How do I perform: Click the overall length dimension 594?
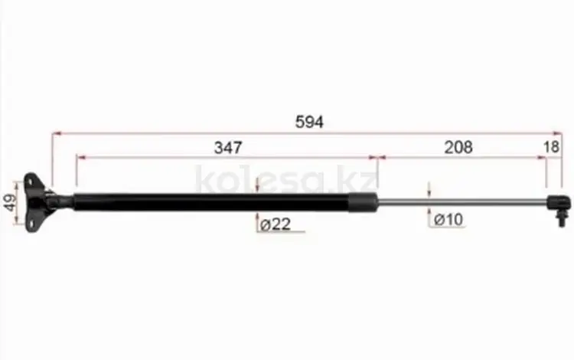coord(309,122)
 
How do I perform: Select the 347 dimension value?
coord(228,148)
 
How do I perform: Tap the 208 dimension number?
coord(458,147)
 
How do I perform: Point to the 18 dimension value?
coord(551,147)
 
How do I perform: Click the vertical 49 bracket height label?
coord(10,202)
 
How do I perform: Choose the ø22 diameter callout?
coord(276,224)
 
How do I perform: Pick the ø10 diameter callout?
coord(448,220)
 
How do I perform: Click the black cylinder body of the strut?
coord(211,202)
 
